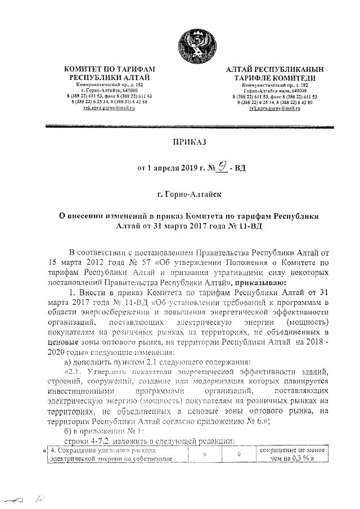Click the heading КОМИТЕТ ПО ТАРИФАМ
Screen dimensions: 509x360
coord(110,69)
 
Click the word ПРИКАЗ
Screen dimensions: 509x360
coord(190,143)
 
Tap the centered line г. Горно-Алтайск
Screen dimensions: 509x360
coord(190,195)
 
